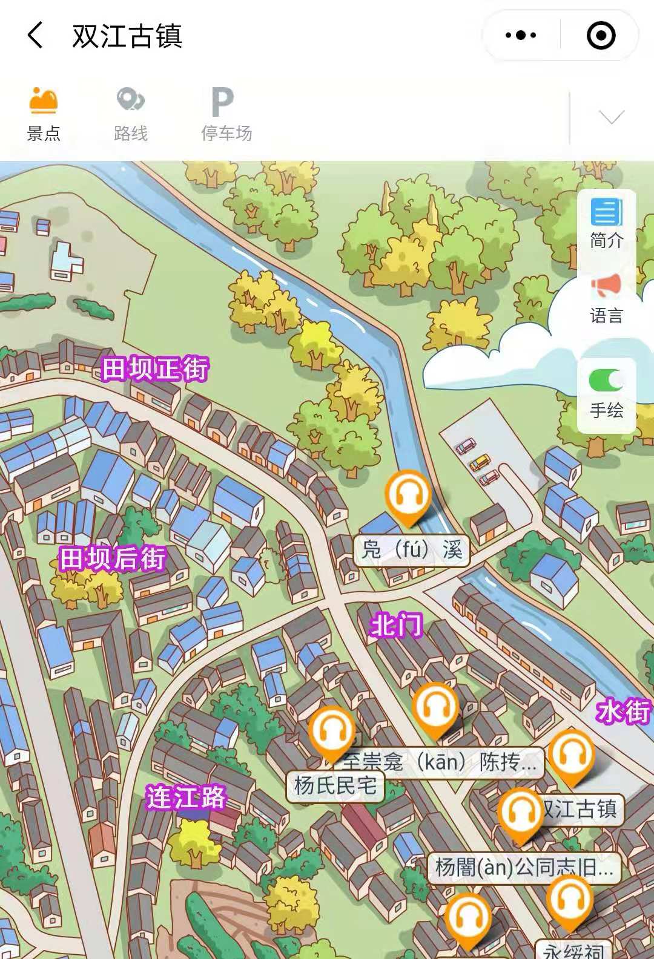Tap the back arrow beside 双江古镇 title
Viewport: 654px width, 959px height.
[36, 35]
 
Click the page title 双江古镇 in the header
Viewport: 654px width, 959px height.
[127, 36]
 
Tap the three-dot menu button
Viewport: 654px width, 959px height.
[521, 35]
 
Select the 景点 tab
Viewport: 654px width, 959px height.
[44, 114]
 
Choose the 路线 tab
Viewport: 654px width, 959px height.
[131, 114]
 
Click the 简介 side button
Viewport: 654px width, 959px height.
[607, 223]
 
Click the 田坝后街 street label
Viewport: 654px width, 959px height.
[113, 558]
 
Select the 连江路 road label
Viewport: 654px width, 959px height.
[185, 797]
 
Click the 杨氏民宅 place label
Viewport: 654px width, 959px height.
[335, 786]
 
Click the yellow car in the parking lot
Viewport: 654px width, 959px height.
[480, 462]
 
